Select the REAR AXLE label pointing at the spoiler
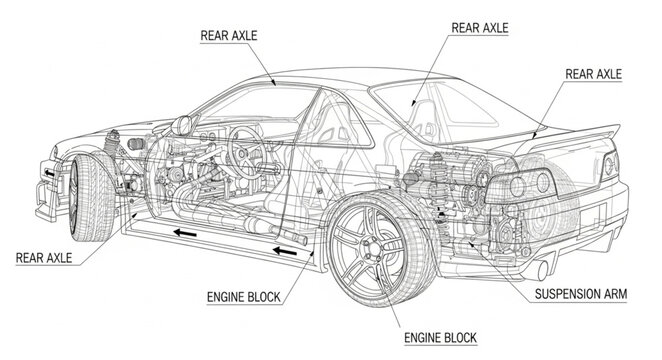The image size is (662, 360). click(593, 73)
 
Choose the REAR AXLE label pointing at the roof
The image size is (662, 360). click(229, 36)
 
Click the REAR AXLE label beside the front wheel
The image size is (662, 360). click(44, 258)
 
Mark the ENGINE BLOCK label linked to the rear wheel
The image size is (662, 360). click(438, 337)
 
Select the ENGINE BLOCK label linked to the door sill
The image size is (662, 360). click(243, 296)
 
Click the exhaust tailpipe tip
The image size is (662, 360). click(542, 269)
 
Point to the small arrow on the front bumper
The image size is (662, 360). click(46, 172)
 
